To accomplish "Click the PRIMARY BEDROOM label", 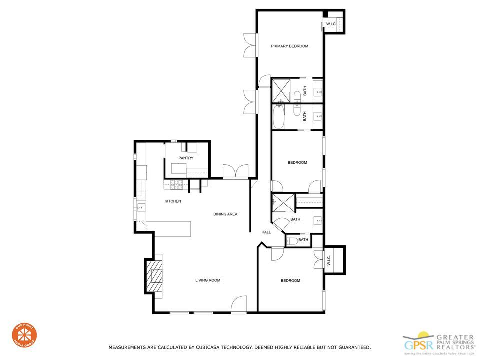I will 289,46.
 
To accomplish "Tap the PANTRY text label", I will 186,158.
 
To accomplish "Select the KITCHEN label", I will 173,201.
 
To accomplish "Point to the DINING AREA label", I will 225,214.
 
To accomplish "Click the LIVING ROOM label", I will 208,280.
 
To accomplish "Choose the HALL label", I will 266,232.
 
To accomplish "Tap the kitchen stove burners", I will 175,185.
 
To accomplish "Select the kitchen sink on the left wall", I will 141,207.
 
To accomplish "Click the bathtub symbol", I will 278,116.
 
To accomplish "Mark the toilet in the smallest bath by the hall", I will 290,241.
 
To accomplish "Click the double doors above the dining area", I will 235,171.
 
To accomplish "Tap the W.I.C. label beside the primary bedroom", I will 331,24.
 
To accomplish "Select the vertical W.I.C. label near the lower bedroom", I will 329,261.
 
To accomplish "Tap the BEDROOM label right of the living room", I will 290,281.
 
